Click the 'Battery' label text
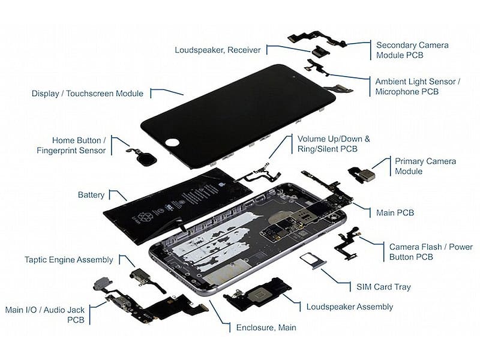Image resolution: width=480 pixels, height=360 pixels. (91, 195)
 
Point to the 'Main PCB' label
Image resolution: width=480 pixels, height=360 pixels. (395, 212)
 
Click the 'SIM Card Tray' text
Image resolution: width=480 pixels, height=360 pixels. (384, 287)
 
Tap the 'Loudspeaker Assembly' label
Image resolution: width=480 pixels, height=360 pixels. (350, 307)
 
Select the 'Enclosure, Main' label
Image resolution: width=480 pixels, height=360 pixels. (266, 328)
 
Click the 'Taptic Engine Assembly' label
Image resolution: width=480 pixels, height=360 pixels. (69, 260)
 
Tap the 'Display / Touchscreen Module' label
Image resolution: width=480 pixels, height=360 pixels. (88, 94)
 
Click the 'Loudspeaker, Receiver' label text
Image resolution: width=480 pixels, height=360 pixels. (217, 50)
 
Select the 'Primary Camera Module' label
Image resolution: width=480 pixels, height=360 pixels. (425, 166)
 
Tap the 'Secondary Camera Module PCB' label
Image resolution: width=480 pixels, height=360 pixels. (412, 50)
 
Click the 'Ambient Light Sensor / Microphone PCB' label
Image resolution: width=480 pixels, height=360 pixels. (417, 86)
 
